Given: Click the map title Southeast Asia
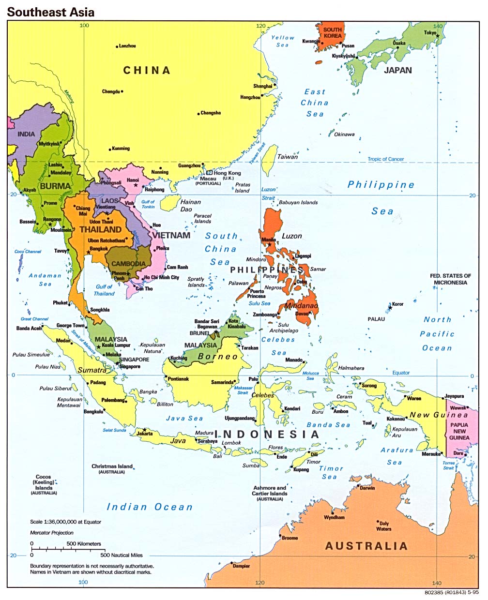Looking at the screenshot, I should coord(50,11).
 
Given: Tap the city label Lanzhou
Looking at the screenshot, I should coord(127,46).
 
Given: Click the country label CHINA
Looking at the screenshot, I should coord(147,71).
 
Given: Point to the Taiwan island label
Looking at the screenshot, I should coord(287,157).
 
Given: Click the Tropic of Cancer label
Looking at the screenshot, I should coord(385,159).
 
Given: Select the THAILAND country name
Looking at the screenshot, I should coord(100,230).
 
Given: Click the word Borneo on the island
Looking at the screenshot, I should coord(218,357).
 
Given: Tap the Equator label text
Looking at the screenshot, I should coord(401,373).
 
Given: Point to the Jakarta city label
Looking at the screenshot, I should coord(144,434).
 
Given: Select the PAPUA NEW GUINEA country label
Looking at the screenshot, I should coord(459,431).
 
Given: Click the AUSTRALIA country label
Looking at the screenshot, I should coord(366,546).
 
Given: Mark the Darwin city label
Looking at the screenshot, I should coord(367,488).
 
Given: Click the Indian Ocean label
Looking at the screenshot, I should coord(150,507).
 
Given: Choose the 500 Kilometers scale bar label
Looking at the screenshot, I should coord(84,544).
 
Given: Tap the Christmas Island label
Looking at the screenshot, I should coord(112,466).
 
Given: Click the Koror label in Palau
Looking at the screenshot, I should coord(397,304).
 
